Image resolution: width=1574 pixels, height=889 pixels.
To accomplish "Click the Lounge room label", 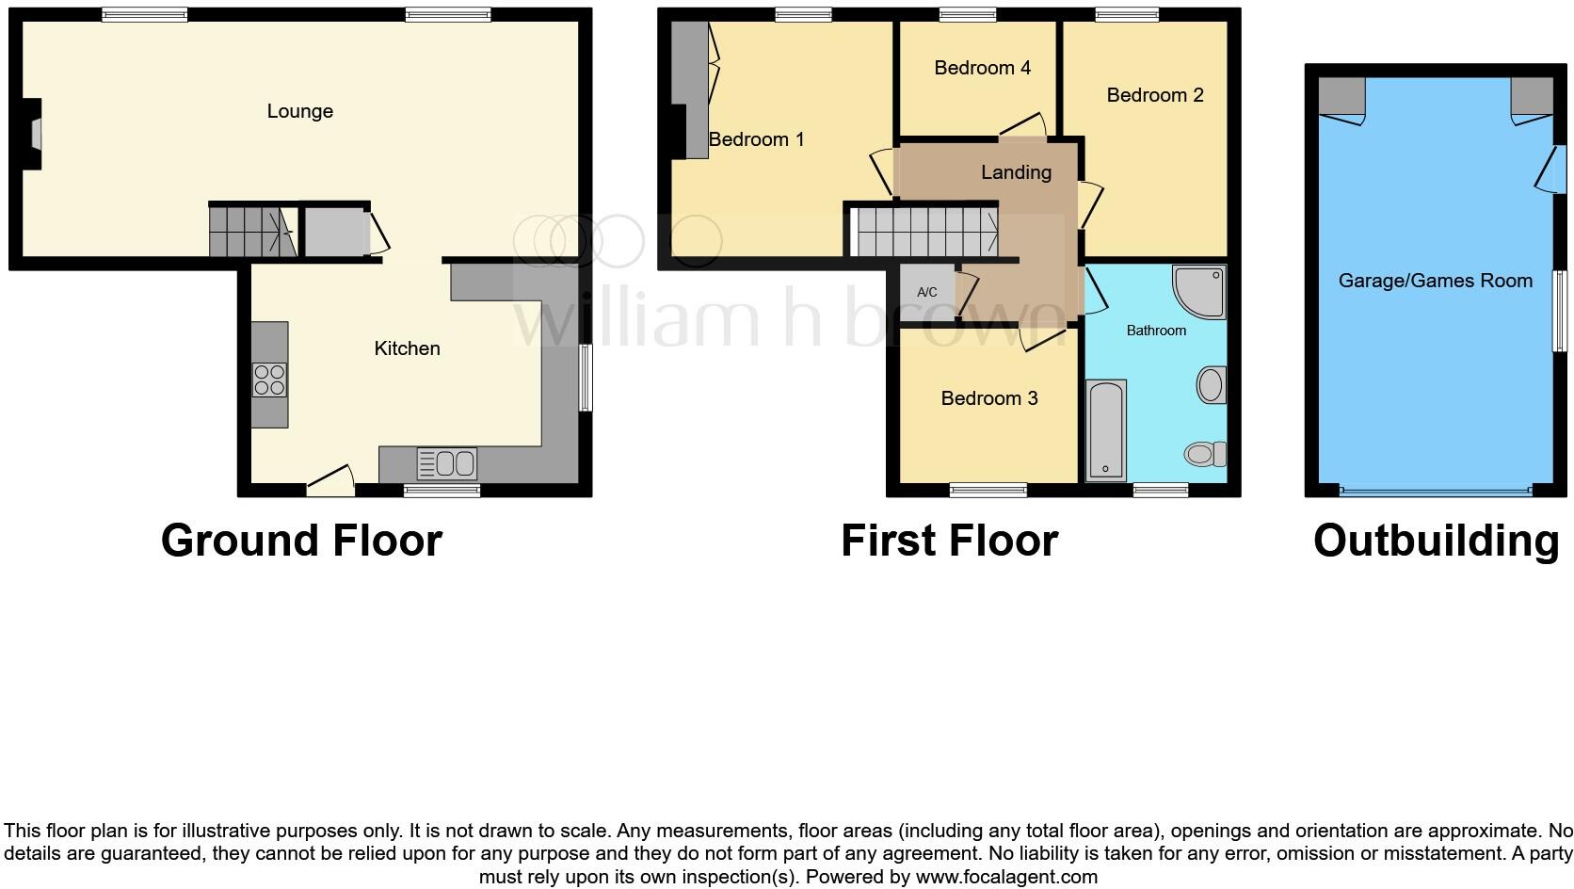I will click(x=299, y=111).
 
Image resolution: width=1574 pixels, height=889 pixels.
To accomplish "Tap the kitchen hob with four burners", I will click(x=269, y=380).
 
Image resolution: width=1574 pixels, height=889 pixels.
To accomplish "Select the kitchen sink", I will click(x=448, y=463).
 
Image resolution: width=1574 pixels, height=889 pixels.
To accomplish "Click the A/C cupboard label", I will click(x=927, y=293).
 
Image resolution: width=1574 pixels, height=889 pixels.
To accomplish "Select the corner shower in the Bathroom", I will click(x=1201, y=289).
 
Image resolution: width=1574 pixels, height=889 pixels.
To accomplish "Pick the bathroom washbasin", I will click(x=1212, y=385).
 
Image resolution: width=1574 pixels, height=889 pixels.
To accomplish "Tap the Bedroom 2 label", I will click(x=1154, y=95).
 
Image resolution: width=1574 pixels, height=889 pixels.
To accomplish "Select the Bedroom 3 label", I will click(x=988, y=398).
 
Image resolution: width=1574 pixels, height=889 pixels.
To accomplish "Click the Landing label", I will click(x=1016, y=172).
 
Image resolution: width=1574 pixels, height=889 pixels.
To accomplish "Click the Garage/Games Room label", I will click(x=1435, y=281).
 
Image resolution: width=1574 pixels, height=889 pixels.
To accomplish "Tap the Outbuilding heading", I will click(x=1436, y=541).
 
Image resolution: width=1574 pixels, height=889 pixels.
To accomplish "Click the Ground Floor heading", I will click(x=301, y=541).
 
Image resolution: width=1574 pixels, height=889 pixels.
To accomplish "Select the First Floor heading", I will click(x=949, y=541).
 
